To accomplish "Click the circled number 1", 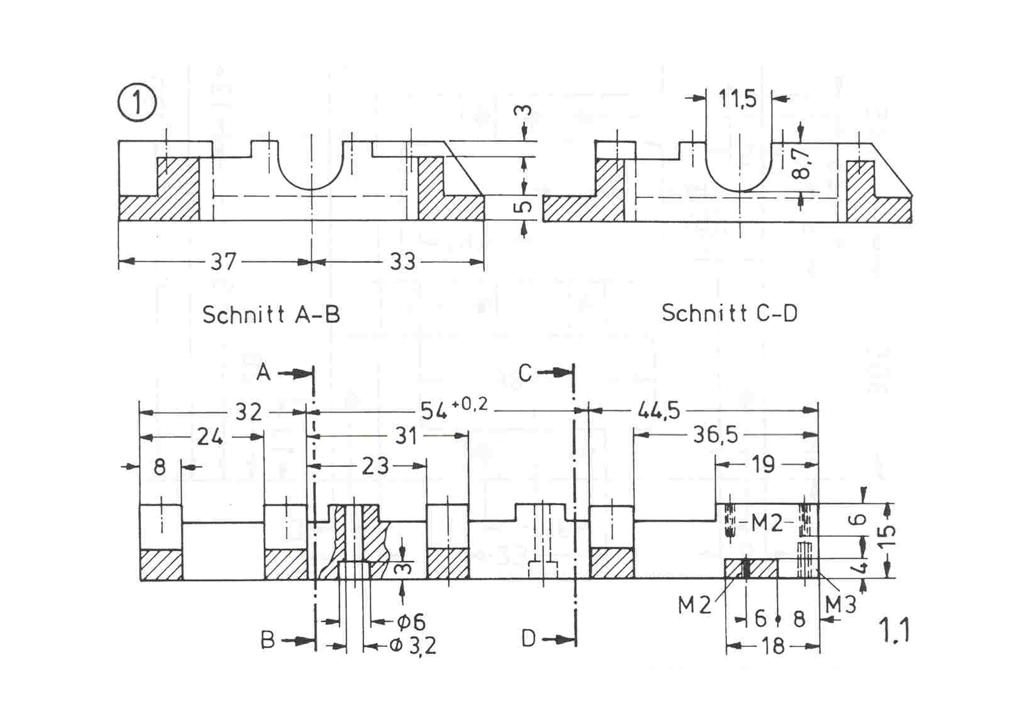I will click(137, 103).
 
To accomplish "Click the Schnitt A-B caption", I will click(271, 315).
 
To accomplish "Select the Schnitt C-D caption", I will click(729, 313).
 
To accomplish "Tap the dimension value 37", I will click(223, 262).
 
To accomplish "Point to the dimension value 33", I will click(402, 262).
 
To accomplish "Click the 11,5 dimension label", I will click(737, 99).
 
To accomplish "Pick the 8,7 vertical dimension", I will click(802, 162).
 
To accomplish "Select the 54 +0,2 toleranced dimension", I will click(454, 409).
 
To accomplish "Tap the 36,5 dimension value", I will click(715, 435).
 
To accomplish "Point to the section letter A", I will click(263, 372).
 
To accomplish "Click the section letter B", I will click(268, 641).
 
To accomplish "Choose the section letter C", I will click(525, 373).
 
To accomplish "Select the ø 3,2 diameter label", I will click(412, 646).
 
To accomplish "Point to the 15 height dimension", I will click(888, 537).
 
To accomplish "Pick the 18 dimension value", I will click(773, 647).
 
